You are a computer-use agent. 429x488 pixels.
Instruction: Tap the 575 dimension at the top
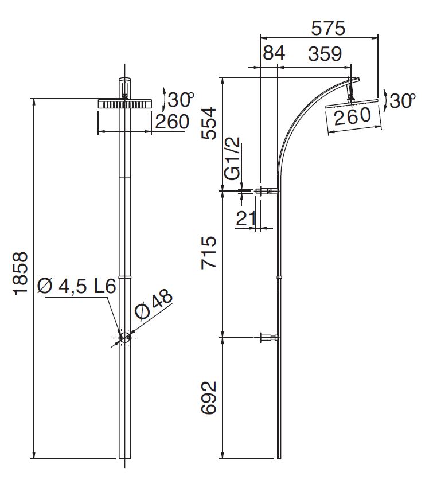coord(329,27)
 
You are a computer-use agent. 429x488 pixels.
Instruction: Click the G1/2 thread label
coord(232,159)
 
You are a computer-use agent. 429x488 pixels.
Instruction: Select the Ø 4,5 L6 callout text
coord(77,286)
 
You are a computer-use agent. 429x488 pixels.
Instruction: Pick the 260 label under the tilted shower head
coord(352,116)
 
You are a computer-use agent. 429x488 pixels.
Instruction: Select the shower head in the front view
coord(124,104)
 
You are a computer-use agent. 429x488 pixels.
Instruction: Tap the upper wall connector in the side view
coord(267,191)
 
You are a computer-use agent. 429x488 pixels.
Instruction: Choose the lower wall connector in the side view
coord(268,338)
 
